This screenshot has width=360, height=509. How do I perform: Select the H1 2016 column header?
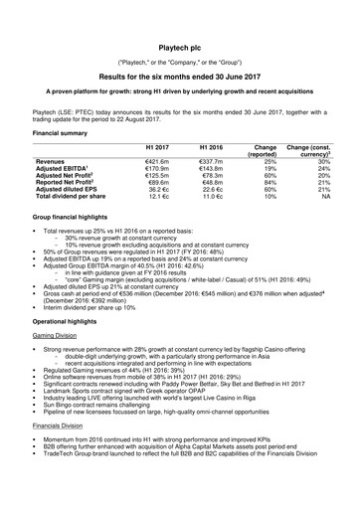tap(211, 147)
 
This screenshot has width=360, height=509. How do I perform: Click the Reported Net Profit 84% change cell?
tap(266, 189)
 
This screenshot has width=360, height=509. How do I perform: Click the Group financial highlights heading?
tap(79, 230)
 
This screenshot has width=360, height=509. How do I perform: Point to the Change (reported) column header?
tap(266, 151)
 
